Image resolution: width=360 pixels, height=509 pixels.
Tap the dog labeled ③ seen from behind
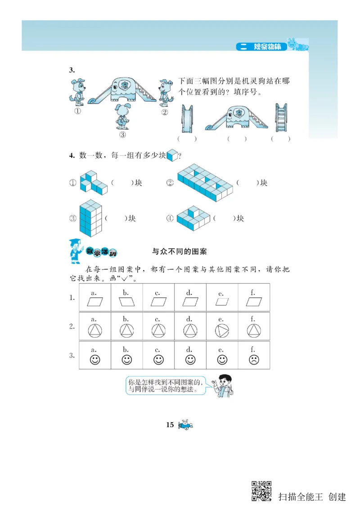tap(121, 116)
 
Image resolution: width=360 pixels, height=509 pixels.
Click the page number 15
tap(170, 425)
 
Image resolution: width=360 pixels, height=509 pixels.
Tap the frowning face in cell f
tap(254, 360)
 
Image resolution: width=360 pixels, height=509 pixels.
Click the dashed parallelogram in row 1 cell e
tap(222, 302)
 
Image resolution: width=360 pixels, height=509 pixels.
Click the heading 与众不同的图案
tap(180, 251)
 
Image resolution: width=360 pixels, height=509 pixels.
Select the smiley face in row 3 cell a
tap(95, 360)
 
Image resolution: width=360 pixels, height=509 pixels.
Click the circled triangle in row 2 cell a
tap(95, 331)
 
